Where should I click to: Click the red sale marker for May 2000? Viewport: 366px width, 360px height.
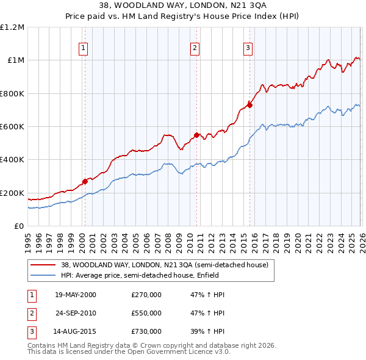coord(85,181)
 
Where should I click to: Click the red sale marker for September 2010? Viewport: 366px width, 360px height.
coord(196,135)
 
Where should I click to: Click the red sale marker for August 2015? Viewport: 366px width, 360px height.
coord(249,105)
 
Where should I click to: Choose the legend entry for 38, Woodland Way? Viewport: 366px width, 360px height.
coord(159,265)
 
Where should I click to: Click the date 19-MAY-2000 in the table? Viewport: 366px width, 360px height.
coord(76,295)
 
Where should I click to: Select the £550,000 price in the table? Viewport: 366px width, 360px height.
coord(146,313)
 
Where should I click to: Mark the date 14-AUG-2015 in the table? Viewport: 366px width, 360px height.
coord(76,331)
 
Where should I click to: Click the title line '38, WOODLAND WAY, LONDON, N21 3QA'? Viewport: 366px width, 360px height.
coord(183,5)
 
